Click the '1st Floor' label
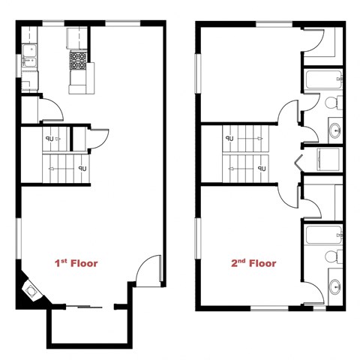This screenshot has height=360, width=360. point(76,263)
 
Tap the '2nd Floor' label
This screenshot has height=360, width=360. point(253,263)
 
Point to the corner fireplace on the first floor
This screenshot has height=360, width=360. point(32,289)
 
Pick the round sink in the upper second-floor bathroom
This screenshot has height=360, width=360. point(334,132)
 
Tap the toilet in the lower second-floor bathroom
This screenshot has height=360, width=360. point(333,258)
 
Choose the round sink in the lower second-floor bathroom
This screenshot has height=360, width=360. point(334,286)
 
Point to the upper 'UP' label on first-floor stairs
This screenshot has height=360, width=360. point(49,139)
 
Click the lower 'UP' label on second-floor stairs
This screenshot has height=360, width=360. point(262,169)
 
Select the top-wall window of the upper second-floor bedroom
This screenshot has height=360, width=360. point(274,24)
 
